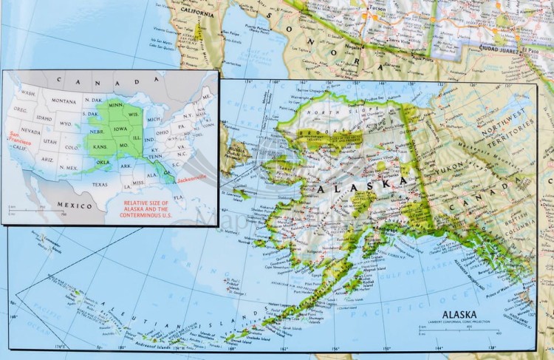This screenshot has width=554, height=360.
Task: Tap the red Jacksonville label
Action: tap(193, 178)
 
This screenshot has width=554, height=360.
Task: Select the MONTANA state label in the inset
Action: tap(64, 101)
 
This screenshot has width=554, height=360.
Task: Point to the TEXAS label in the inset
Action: tap(100, 184)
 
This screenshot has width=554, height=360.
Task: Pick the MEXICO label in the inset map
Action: tap(76, 206)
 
